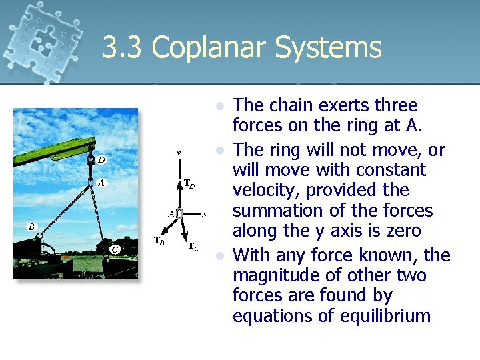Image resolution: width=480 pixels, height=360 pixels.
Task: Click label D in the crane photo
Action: click(x=101, y=159)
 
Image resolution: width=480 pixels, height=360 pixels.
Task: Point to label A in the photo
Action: click(x=101, y=182)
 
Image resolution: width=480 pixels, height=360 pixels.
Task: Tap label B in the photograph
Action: click(x=31, y=227)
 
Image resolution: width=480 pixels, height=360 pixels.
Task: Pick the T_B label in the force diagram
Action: click(x=160, y=241)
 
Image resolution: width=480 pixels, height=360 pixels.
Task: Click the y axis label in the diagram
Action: click(x=179, y=153)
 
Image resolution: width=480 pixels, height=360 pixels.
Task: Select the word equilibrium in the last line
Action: click(x=377, y=315)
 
